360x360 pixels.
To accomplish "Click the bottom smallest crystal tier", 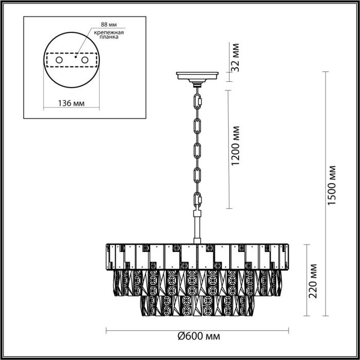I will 198,305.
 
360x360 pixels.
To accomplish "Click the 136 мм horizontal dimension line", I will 69,109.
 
